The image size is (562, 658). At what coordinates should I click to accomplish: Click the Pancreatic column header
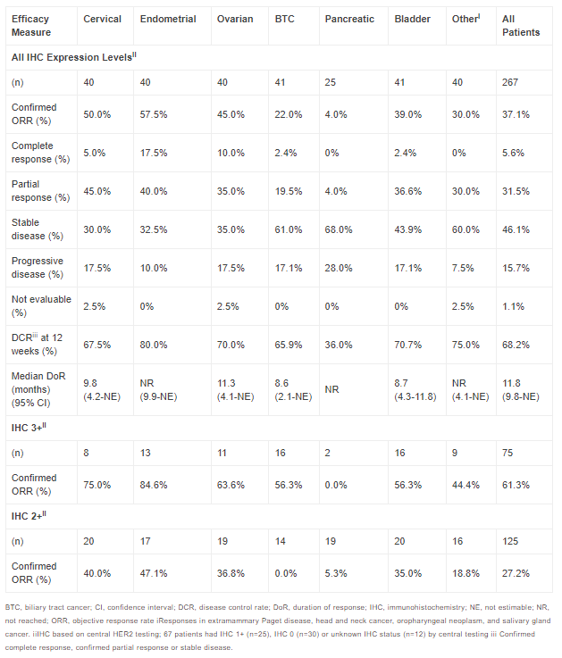click(349, 19)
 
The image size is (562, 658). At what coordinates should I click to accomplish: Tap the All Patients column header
click(520, 25)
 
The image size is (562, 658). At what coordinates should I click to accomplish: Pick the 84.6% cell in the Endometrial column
click(155, 484)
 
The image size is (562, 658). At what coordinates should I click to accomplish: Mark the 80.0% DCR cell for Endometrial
click(155, 344)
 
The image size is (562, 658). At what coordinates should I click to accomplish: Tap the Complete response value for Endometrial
click(155, 152)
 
